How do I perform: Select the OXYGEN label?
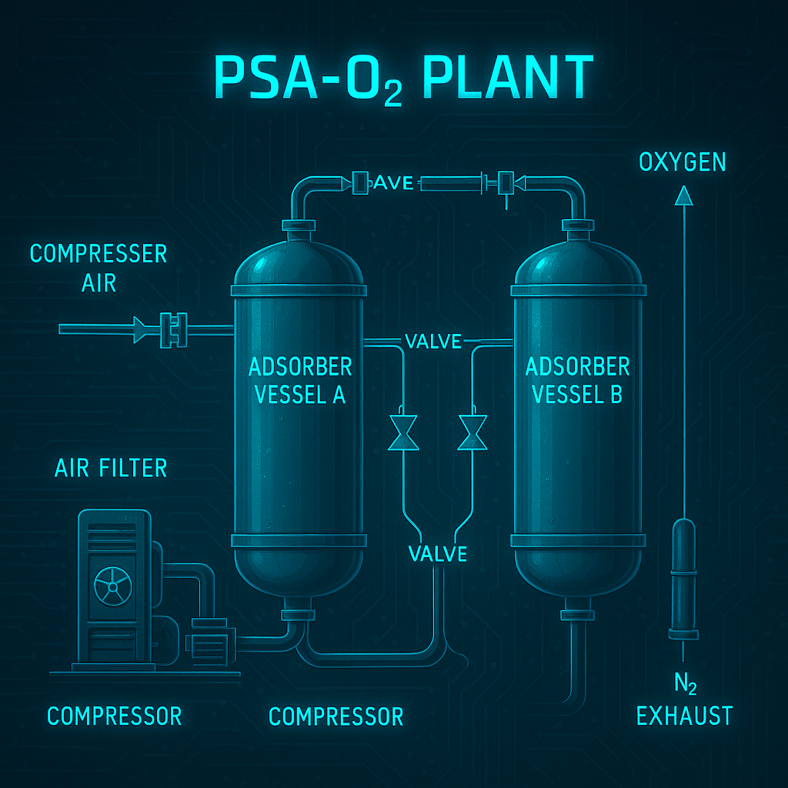[x=682, y=162]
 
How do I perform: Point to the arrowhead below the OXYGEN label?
[x=683, y=197]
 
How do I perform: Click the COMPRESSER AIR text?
[x=98, y=267]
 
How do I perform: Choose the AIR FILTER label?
[x=111, y=467]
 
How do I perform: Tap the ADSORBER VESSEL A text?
[x=300, y=380]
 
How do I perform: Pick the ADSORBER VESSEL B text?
[x=577, y=380]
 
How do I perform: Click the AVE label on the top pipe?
[x=394, y=183]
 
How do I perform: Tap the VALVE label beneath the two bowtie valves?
[x=438, y=553]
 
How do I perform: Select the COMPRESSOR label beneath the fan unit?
[x=115, y=716]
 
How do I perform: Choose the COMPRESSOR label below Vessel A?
[x=336, y=716]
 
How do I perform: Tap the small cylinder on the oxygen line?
[x=683, y=577]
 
